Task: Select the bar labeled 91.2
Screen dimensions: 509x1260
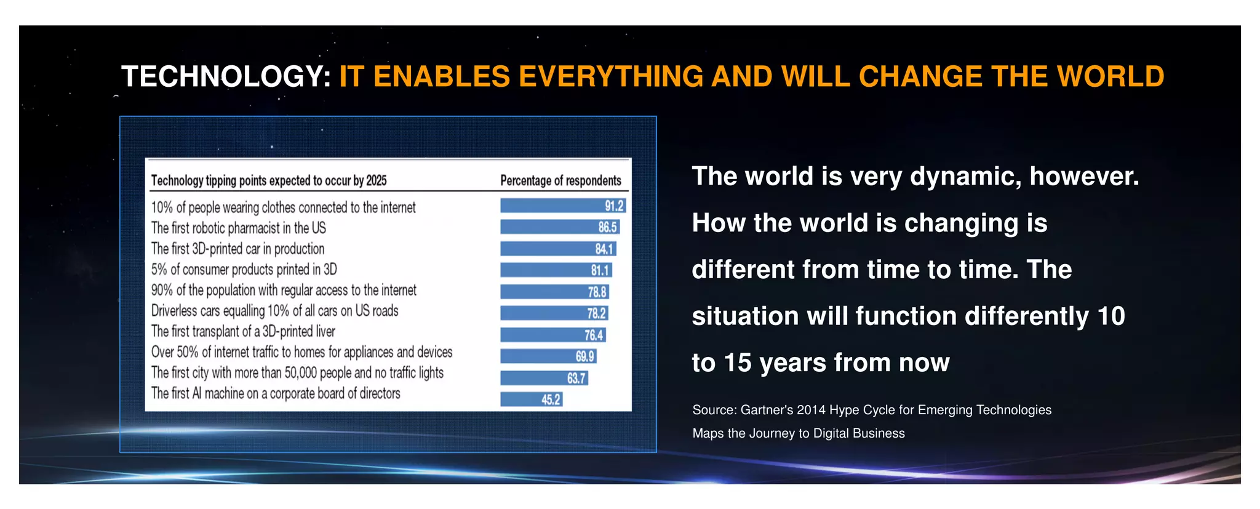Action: click(562, 206)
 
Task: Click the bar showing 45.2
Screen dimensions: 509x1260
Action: click(530, 399)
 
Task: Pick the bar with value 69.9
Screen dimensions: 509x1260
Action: click(548, 356)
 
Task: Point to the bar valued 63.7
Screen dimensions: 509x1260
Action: click(543, 378)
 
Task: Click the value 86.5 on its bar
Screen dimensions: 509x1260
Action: click(607, 227)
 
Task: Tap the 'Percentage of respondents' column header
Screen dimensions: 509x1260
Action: click(560, 180)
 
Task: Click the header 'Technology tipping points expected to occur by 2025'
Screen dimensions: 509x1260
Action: click(269, 180)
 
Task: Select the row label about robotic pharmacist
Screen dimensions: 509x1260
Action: click(239, 228)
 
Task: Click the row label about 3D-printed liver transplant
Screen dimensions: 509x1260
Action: click(243, 332)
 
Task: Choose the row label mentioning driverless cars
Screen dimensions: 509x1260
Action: click(274, 311)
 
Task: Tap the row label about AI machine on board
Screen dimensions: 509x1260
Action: click(276, 393)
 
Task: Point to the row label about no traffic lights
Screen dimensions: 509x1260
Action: click(297, 373)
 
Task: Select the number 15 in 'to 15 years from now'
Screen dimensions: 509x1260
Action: click(737, 363)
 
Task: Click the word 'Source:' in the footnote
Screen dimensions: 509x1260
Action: click(714, 410)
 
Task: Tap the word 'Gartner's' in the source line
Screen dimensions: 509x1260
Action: click(766, 410)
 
